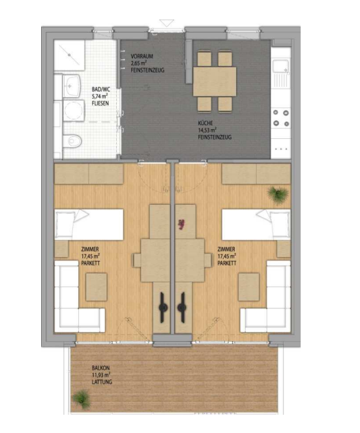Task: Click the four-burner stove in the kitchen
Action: pyautogui.click(x=281, y=118)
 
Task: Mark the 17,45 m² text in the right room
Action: pyautogui.click(x=226, y=257)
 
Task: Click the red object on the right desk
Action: pyautogui.click(x=179, y=224)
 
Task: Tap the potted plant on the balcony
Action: pyautogui.click(x=82, y=397)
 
